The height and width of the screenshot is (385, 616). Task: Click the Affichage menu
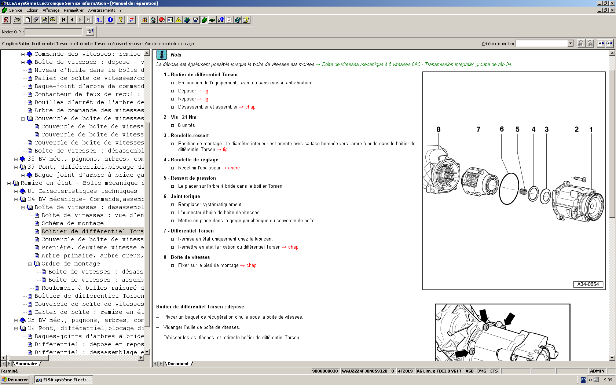[51, 10]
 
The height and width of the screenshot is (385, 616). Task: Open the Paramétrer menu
[73, 10]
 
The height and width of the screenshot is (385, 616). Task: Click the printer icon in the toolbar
[17, 20]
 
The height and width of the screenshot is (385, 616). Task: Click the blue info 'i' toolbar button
[110, 20]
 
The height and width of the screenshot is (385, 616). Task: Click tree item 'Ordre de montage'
[70, 264]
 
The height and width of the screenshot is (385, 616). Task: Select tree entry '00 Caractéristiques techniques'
[82, 191]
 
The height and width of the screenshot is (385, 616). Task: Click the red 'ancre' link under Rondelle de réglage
[234, 168]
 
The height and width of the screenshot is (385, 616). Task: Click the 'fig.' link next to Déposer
[206, 91]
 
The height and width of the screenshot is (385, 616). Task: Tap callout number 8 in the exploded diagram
[438, 129]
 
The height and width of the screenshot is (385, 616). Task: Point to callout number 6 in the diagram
[502, 129]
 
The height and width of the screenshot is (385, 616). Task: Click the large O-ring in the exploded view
[509, 188]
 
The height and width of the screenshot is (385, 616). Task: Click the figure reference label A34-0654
[588, 284]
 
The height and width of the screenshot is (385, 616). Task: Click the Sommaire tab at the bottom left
[26, 364]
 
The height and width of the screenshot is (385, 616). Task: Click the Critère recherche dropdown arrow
[570, 44]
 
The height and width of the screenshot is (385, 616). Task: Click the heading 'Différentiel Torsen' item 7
[192, 231]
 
